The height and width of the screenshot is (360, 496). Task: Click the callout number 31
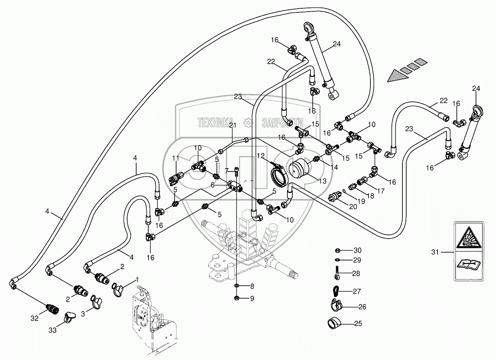(x=435, y=252)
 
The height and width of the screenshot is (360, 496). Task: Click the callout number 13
(x=322, y=181)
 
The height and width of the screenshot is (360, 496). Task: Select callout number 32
(x=35, y=319)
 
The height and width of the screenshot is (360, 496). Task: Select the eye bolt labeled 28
(x=336, y=274)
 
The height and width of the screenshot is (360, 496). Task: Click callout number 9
(x=252, y=299)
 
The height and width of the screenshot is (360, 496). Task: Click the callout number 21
(x=232, y=126)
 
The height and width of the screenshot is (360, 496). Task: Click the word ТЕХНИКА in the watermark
(x=213, y=123)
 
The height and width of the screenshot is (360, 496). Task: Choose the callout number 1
(x=137, y=280)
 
